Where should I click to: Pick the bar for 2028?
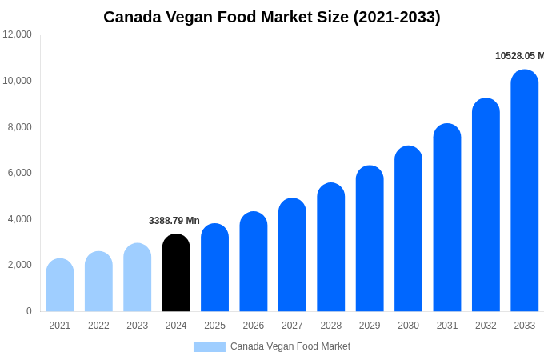click(x=331, y=247)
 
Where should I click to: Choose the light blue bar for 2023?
click(x=138, y=278)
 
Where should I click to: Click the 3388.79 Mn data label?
click(x=174, y=221)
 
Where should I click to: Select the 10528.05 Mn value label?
click(x=519, y=56)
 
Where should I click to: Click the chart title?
click(x=272, y=17)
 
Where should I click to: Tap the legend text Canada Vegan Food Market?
click(x=290, y=346)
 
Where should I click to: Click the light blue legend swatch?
click(x=210, y=347)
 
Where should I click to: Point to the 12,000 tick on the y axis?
click(x=17, y=34)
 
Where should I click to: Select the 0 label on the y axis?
click(x=29, y=311)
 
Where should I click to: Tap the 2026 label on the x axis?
click(x=254, y=326)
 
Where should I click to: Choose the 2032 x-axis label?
click(x=486, y=326)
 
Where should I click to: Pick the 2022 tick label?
click(x=98, y=326)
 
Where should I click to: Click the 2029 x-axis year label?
click(x=370, y=326)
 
